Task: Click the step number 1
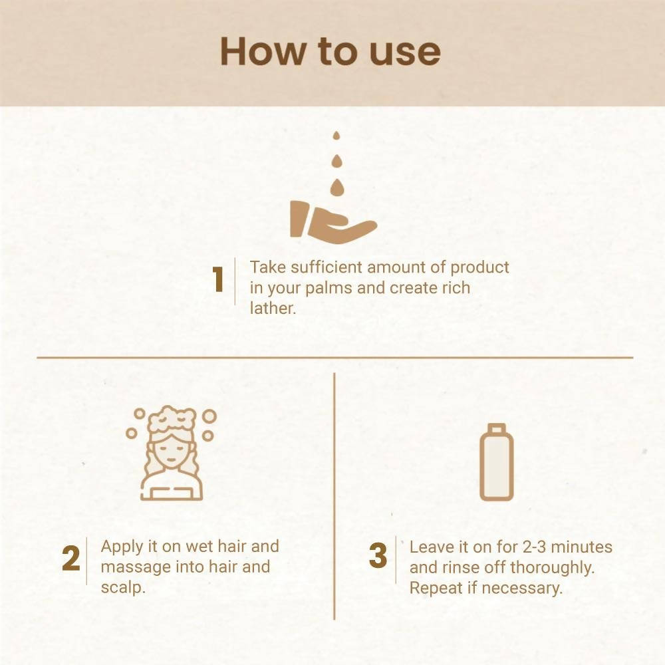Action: pos(218,279)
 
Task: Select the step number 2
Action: pos(71,558)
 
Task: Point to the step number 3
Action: pos(378,555)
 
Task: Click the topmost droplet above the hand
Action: pos(336,135)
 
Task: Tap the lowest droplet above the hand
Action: pos(336,188)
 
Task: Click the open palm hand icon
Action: pos(333,223)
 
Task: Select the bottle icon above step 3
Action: pos(497,462)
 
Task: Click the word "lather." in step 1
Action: pos(273,309)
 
